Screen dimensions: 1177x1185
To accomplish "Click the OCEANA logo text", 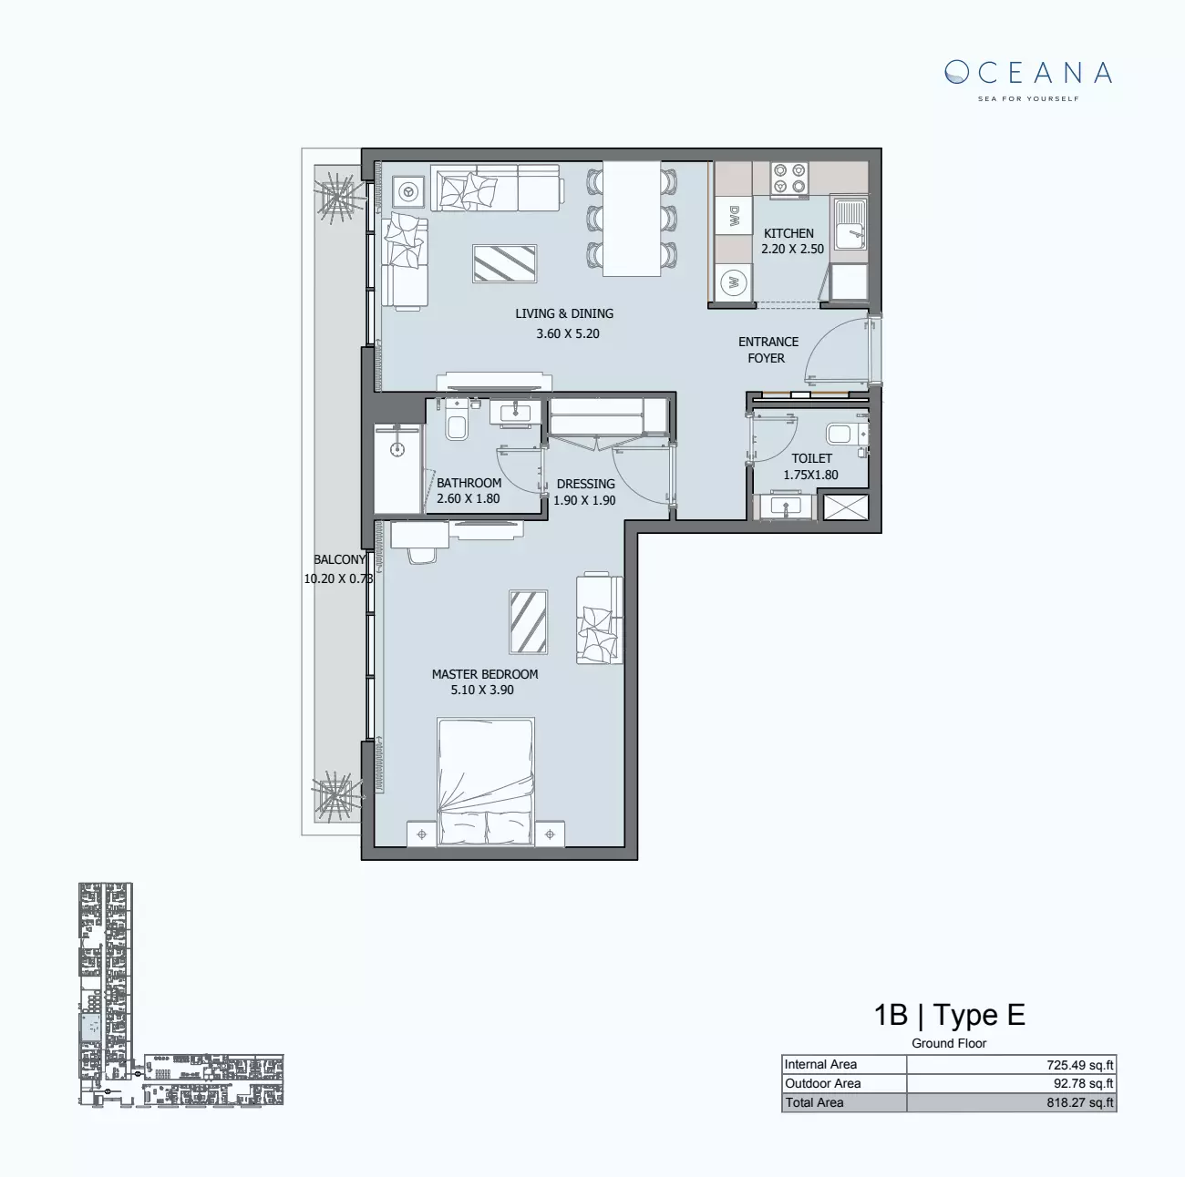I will pos(1028,73).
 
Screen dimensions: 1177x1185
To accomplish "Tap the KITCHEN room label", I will pos(788,233).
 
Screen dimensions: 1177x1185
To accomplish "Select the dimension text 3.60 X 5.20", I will pos(568,333).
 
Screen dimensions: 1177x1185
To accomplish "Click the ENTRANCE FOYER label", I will pos(768,350).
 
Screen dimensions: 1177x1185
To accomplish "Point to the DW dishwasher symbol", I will pos(734,217).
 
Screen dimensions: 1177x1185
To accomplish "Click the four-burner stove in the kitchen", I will pos(788,178).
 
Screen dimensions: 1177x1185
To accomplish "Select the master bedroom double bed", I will pos(485,782).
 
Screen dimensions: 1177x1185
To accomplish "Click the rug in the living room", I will pos(504,263).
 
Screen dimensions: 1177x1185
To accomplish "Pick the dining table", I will pos(632,219).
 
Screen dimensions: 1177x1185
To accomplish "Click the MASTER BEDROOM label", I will pos(484,674).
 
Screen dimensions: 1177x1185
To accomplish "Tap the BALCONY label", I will pos(339,560).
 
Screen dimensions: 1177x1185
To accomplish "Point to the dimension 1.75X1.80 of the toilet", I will pos(810,475).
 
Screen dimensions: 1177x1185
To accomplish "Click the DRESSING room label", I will pos(585,484).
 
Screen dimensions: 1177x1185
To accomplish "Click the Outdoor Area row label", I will pos(822,1083).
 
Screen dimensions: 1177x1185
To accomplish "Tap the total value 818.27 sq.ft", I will pos(1079,1102).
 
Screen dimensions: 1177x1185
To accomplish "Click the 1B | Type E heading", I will pos(949,1015).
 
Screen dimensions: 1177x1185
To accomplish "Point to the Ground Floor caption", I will pos(949,1043).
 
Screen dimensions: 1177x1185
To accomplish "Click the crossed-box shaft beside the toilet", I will pos(845,507).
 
